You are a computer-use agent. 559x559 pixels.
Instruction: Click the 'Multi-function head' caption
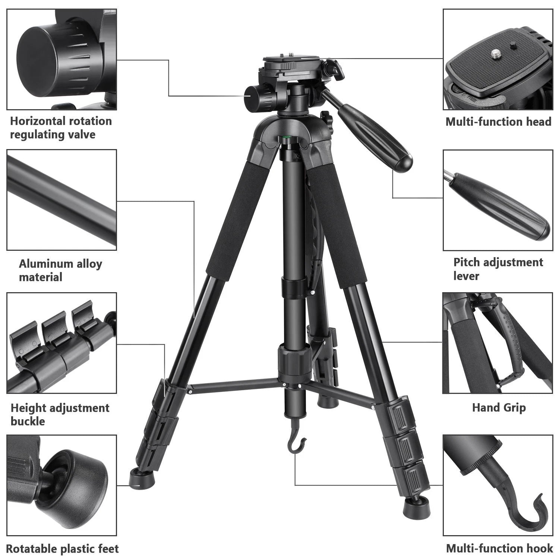pos(498,122)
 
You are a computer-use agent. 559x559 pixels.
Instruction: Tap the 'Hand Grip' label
pos(499,407)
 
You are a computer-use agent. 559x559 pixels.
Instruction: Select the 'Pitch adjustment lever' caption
pos(498,269)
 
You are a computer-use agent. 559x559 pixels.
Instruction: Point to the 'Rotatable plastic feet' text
pos(62,549)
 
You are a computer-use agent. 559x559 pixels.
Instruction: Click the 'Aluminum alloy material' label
pos(60,270)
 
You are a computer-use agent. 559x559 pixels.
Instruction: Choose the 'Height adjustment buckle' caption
pos(60,414)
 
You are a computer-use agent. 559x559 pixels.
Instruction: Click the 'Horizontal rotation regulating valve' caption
pos(61,127)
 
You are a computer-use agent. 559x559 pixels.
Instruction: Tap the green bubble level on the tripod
pos(287,138)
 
